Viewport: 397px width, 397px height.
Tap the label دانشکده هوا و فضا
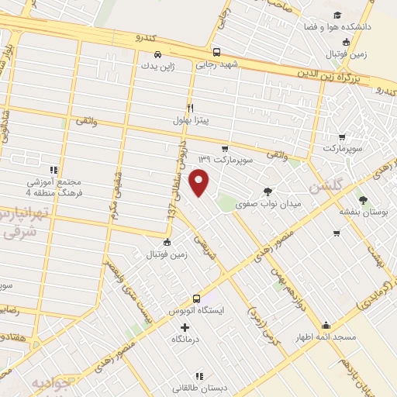pyautogui.click(x=349, y=27)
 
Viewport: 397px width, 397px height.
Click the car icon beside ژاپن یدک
pyautogui.click(x=157, y=55)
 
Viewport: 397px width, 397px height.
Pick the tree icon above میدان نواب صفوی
pyautogui.click(x=268, y=191)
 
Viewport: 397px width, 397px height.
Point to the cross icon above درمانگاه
pyautogui.click(x=185, y=327)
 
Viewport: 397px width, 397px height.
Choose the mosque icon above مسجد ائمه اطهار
pyautogui.click(x=326, y=325)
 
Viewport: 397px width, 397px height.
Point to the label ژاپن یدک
pyautogui.click(x=157, y=67)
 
